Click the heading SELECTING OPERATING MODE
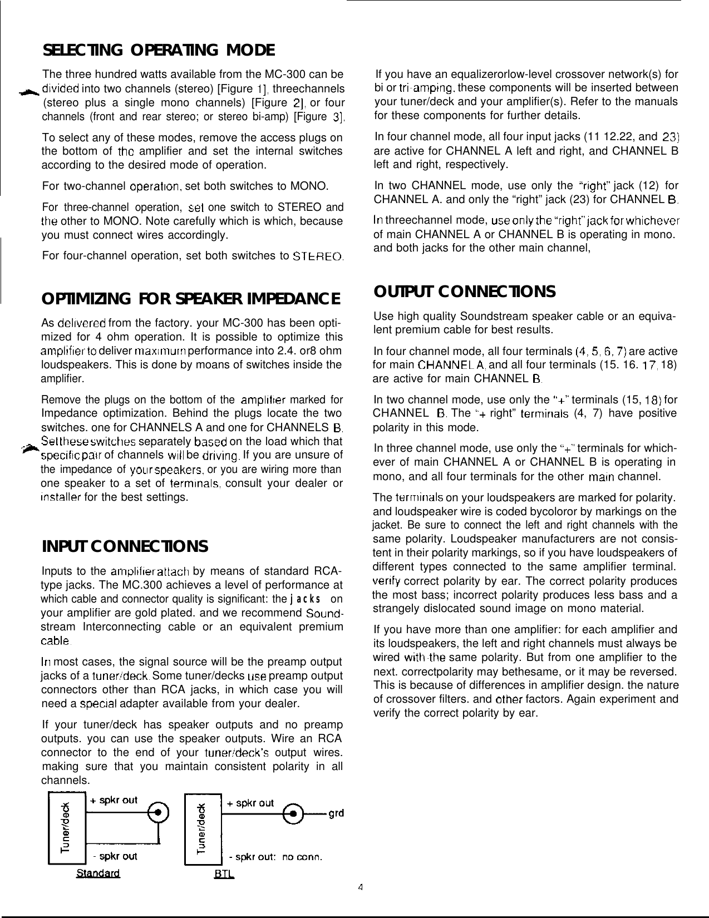[x=159, y=51]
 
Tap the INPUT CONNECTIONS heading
[x=125, y=546]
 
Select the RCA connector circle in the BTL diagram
[x=295, y=813]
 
